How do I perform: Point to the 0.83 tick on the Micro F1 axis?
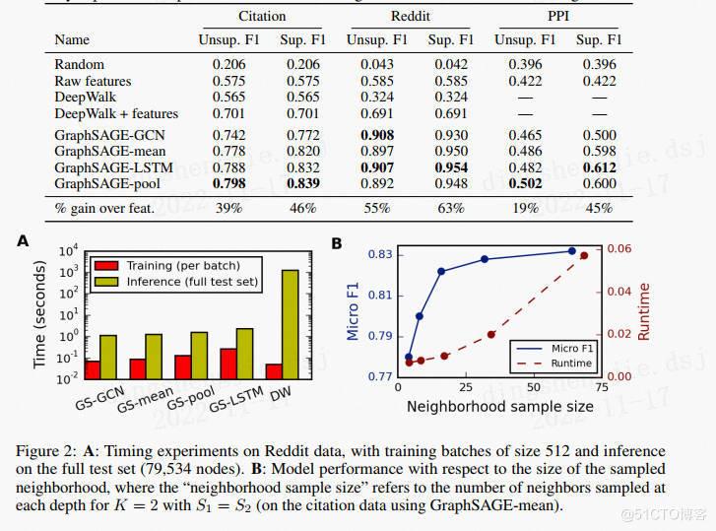(x=378, y=254)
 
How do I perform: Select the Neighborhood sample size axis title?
(x=499, y=406)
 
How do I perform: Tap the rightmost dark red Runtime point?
(x=584, y=256)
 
